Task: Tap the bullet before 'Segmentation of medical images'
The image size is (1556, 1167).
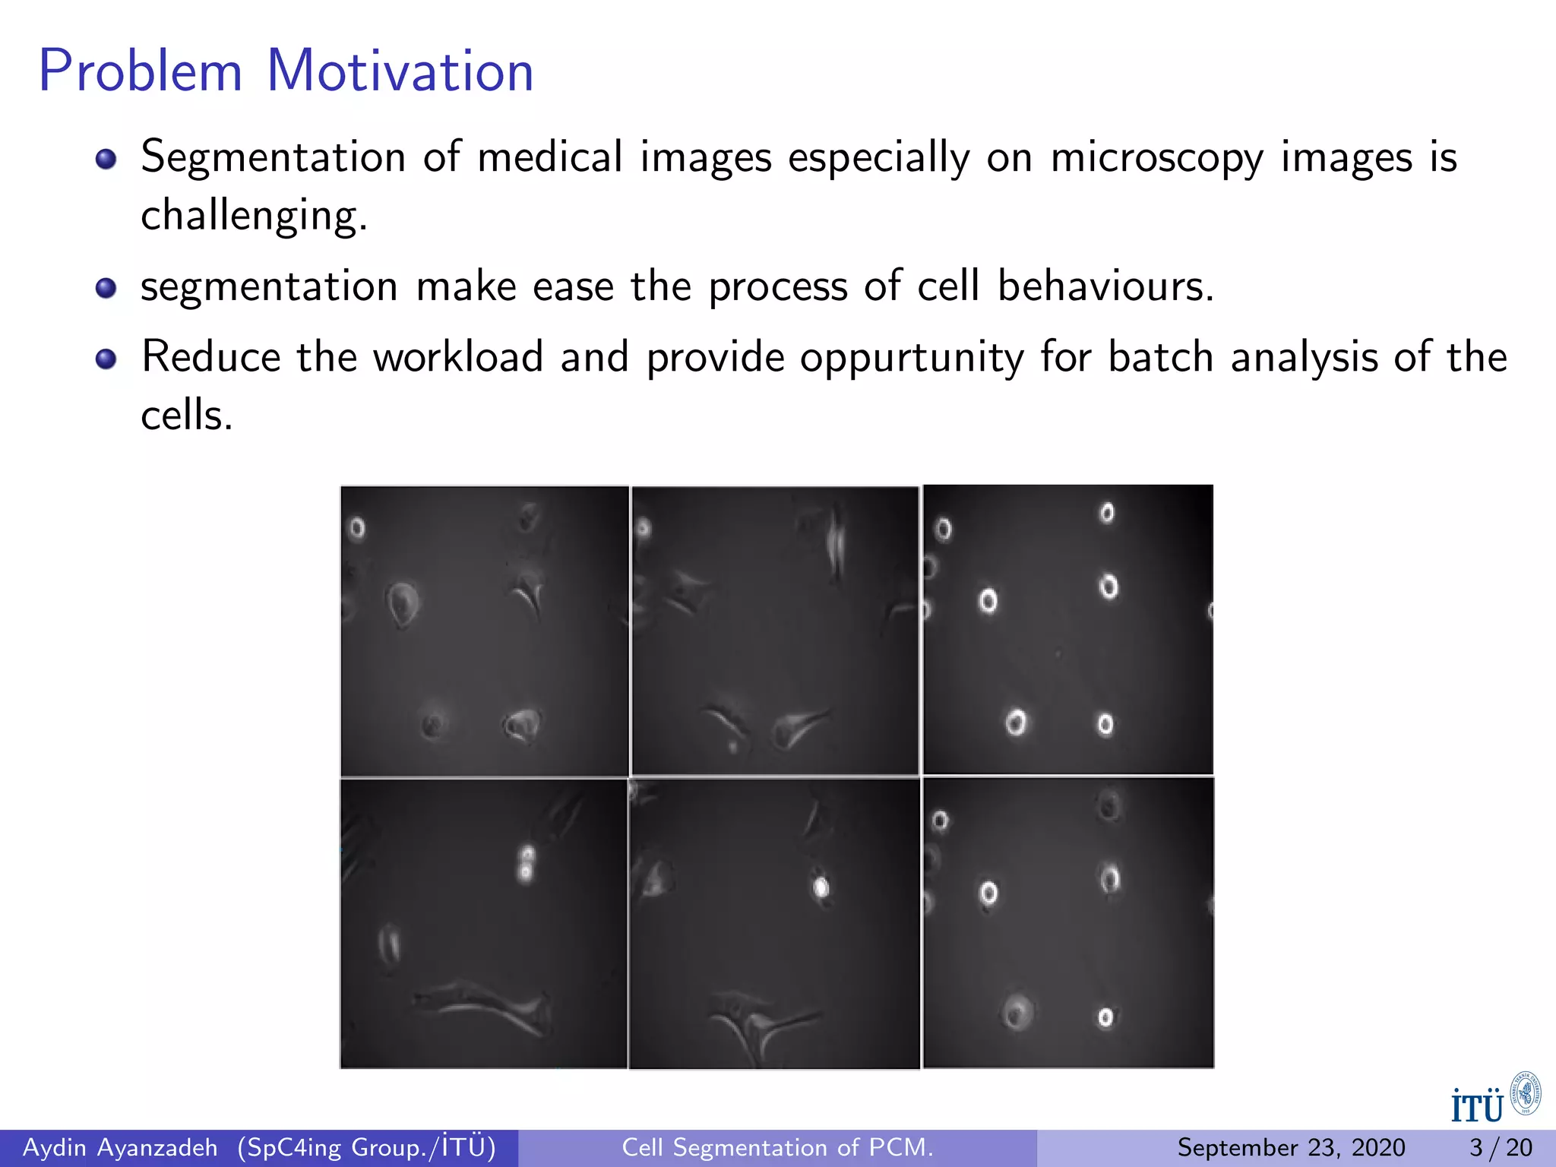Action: pos(106,159)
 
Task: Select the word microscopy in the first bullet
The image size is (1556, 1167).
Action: pos(1156,158)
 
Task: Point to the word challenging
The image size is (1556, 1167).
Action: pos(254,216)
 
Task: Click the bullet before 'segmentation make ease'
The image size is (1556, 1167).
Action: pos(106,288)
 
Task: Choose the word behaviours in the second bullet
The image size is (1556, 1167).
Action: pos(1105,286)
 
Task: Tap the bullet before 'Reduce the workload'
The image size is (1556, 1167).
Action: pos(106,359)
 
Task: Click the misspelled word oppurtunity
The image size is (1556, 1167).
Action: pos(911,358)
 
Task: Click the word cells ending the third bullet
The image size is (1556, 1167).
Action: pos(186,416)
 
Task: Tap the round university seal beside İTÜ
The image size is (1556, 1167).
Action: pos(1525,1094)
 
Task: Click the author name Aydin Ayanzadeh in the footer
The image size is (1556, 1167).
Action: pos(120,1147)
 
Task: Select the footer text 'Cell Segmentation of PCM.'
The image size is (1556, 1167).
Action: pos(777,1147)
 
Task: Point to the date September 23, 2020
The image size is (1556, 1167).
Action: pos(1291,1147)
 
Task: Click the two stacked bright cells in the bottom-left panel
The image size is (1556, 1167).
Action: pos(526,864)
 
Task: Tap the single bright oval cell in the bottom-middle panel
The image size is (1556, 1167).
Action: pos(821,887)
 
